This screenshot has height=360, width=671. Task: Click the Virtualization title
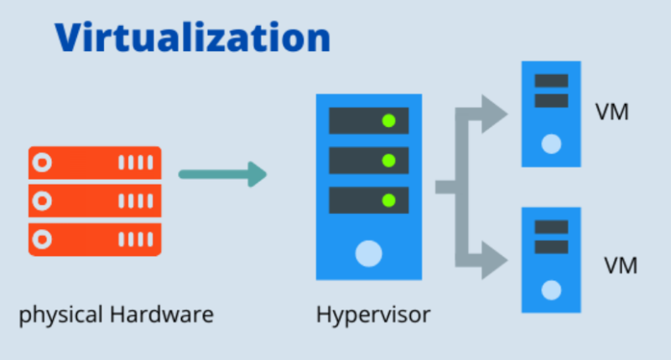pos(193,38)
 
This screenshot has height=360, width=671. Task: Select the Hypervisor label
pos(373,316)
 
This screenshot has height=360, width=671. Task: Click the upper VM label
pos(611,112)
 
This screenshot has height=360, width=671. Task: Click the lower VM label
pos(622,265)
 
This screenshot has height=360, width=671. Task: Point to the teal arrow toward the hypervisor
pos(222,175)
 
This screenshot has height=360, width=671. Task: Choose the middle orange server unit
pos(94,201)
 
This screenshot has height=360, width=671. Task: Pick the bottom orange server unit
pos(94,239)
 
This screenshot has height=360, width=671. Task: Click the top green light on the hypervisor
pos(388,120)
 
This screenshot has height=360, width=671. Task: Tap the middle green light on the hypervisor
pos(388,159)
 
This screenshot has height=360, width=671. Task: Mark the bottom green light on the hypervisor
pos(388,200)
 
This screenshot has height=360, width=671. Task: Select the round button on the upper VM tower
pos(551,143)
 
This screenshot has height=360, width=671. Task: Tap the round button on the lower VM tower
pos(551,290)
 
